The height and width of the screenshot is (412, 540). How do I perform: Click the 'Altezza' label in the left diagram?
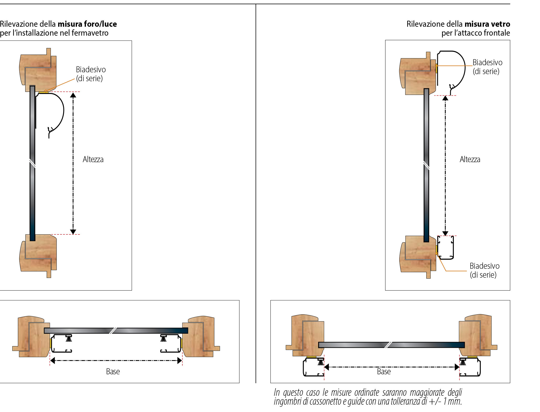(x=93, y=159)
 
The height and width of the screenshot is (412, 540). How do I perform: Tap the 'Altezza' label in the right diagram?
(x=470, y=159)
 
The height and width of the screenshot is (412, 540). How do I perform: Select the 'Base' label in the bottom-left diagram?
(x=113, y=371)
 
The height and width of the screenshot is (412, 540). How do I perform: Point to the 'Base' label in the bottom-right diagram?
(x=384, y=371)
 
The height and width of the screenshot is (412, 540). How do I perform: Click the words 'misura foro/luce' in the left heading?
(x=87, y=24)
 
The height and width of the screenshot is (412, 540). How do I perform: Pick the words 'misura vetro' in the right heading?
(x=487, y=24)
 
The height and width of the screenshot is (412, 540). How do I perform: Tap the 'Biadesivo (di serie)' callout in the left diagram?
(x=91, y=74)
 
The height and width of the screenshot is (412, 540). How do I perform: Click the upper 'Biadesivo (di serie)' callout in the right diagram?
(x=487, y=67)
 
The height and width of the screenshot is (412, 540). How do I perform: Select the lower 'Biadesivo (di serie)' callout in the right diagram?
(x=484, y=270)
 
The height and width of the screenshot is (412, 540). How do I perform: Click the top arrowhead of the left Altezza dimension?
(x=73, y=95)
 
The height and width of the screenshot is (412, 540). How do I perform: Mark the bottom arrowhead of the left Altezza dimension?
(x=73, y=232)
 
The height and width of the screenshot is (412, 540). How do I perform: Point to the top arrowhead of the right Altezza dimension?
(x=445, y=98)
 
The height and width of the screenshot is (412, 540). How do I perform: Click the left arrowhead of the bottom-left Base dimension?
(x=52, y=361)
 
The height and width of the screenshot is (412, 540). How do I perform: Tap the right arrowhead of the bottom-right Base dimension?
(x=457, y=367)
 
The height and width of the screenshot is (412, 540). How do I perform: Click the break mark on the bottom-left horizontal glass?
(x=113, y=331)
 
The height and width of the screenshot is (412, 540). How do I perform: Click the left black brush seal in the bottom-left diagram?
(x=69, y=339)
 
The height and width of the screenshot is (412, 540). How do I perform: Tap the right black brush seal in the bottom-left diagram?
(x=163, y=339)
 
